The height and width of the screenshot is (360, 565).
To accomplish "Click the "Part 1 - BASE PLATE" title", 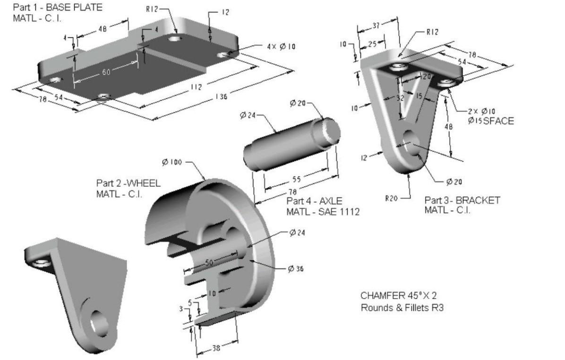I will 57,8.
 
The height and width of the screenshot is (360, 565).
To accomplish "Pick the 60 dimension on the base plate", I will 107,72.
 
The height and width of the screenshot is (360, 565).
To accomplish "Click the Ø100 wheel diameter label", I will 171,162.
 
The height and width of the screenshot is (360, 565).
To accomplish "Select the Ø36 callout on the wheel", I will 296,268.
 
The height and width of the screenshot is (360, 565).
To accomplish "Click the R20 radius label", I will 392,198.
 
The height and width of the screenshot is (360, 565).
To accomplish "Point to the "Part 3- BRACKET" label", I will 462,200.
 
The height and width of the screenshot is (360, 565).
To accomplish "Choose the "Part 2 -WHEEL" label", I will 128,183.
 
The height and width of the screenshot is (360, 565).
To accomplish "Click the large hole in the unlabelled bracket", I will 101,324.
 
